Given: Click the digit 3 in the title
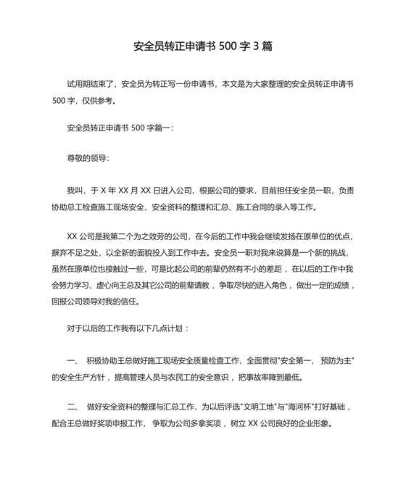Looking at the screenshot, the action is (254, 46).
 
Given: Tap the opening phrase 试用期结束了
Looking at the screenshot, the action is (91, 84).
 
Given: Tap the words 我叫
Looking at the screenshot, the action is (74, 191).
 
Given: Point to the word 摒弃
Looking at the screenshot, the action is (60, 252).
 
